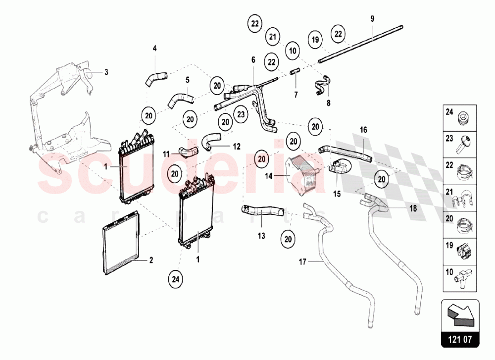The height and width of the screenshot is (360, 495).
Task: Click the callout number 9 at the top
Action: [372, 18]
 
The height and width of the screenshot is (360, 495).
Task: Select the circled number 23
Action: [241, 114]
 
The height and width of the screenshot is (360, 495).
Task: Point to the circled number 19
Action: [314, 40]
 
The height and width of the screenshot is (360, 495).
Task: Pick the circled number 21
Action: [272, 36]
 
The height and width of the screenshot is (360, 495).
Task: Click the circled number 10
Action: [292, 50]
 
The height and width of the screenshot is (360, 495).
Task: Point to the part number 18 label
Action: [412, 208]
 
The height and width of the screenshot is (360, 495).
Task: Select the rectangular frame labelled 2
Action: [121, 243]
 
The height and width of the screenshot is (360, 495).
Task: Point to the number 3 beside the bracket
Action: [105, 72]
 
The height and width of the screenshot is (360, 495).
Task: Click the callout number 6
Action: [253, 59]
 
